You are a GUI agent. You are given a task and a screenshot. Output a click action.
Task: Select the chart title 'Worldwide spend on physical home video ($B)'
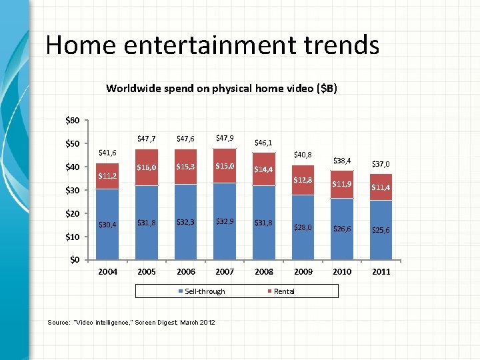point(222,87)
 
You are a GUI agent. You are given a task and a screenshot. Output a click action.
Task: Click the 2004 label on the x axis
point(108,271)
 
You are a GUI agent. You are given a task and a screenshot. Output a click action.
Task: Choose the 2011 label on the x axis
point(381,271)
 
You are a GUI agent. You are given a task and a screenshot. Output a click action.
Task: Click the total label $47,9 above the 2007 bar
point(225,138)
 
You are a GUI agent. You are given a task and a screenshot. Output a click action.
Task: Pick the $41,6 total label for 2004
point(108,153)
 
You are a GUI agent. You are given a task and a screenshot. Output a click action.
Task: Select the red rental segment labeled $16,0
point(147,167)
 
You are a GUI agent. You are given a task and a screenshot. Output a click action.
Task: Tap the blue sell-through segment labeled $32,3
point(186,222)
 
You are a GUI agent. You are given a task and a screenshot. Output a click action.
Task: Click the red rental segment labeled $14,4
point(265,169)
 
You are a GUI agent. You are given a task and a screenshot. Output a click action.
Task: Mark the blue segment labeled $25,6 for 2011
point(381,230)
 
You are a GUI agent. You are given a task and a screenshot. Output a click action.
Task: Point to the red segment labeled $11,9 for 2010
point(343,183)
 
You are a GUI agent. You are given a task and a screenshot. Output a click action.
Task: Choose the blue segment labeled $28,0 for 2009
point(303,227)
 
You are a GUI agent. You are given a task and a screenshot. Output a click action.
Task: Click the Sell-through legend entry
point(205,291)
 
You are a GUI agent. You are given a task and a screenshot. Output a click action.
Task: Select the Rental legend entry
point(284,291)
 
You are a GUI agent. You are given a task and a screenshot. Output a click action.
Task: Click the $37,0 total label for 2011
point(381,163)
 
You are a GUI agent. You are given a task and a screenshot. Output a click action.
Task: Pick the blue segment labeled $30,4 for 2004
point(108,224)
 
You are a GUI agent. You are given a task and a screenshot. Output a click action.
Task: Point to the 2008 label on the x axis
point(265,271)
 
